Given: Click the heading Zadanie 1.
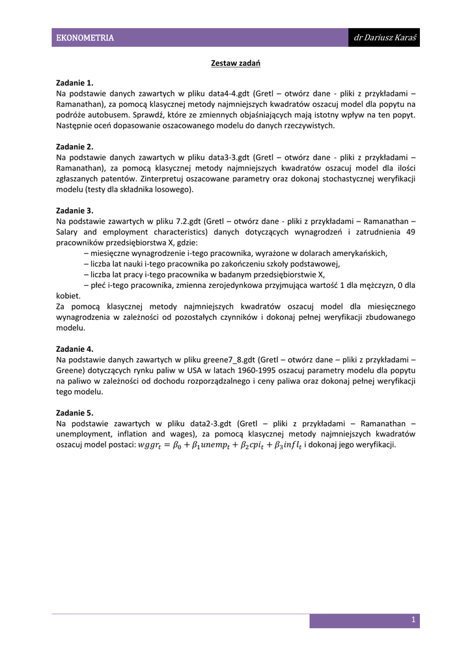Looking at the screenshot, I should [75, 83].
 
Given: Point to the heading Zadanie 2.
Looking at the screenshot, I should [75, 147].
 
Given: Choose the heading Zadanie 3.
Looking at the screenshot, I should [75, 210].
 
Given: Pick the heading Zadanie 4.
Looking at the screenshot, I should [75, 349].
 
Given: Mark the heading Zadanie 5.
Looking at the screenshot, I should [75, 413].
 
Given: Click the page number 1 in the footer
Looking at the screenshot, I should [413, 621].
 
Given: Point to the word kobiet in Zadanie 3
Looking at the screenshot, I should [67, 295].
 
